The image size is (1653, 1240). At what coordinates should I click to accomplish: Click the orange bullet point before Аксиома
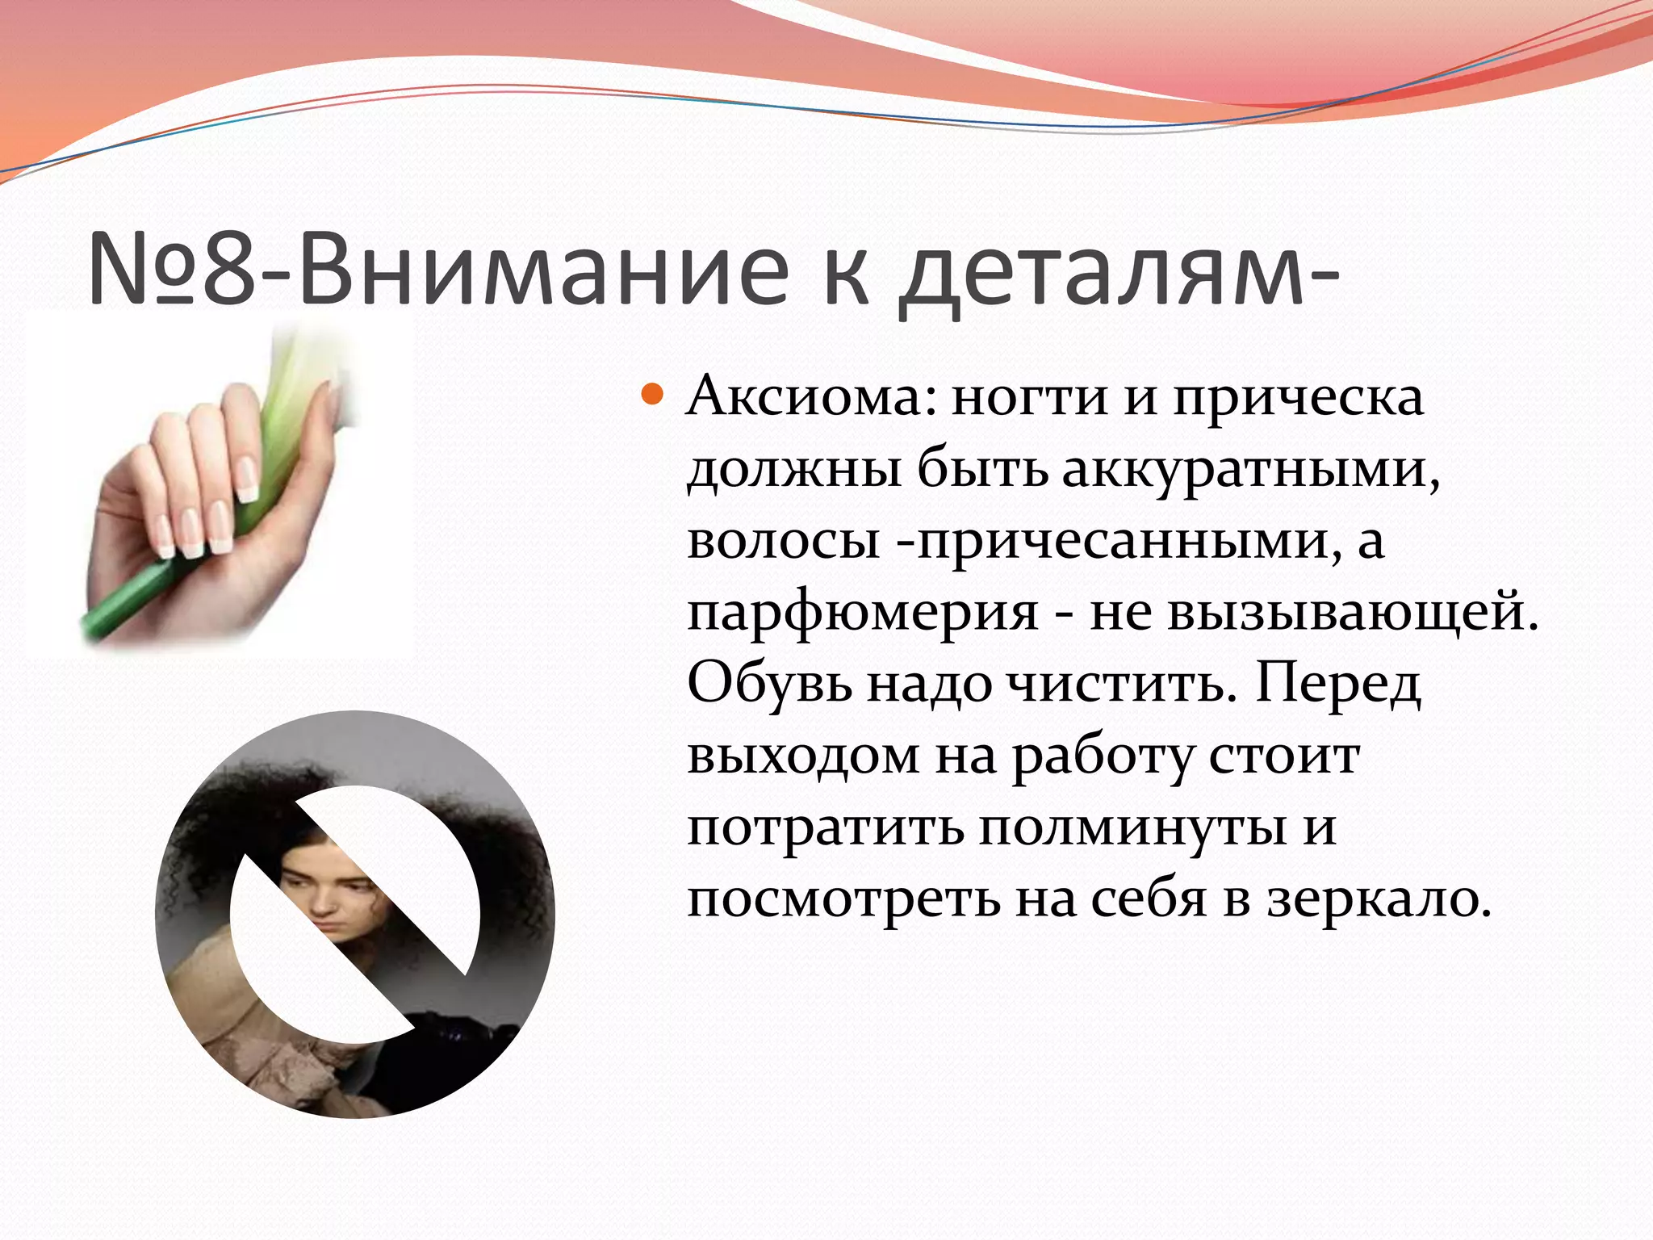point(652,396)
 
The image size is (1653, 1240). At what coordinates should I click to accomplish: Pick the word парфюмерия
point(862,614)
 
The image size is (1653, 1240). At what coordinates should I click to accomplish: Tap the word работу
point(1103,757)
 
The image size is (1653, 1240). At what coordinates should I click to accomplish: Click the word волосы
point(783,542)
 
